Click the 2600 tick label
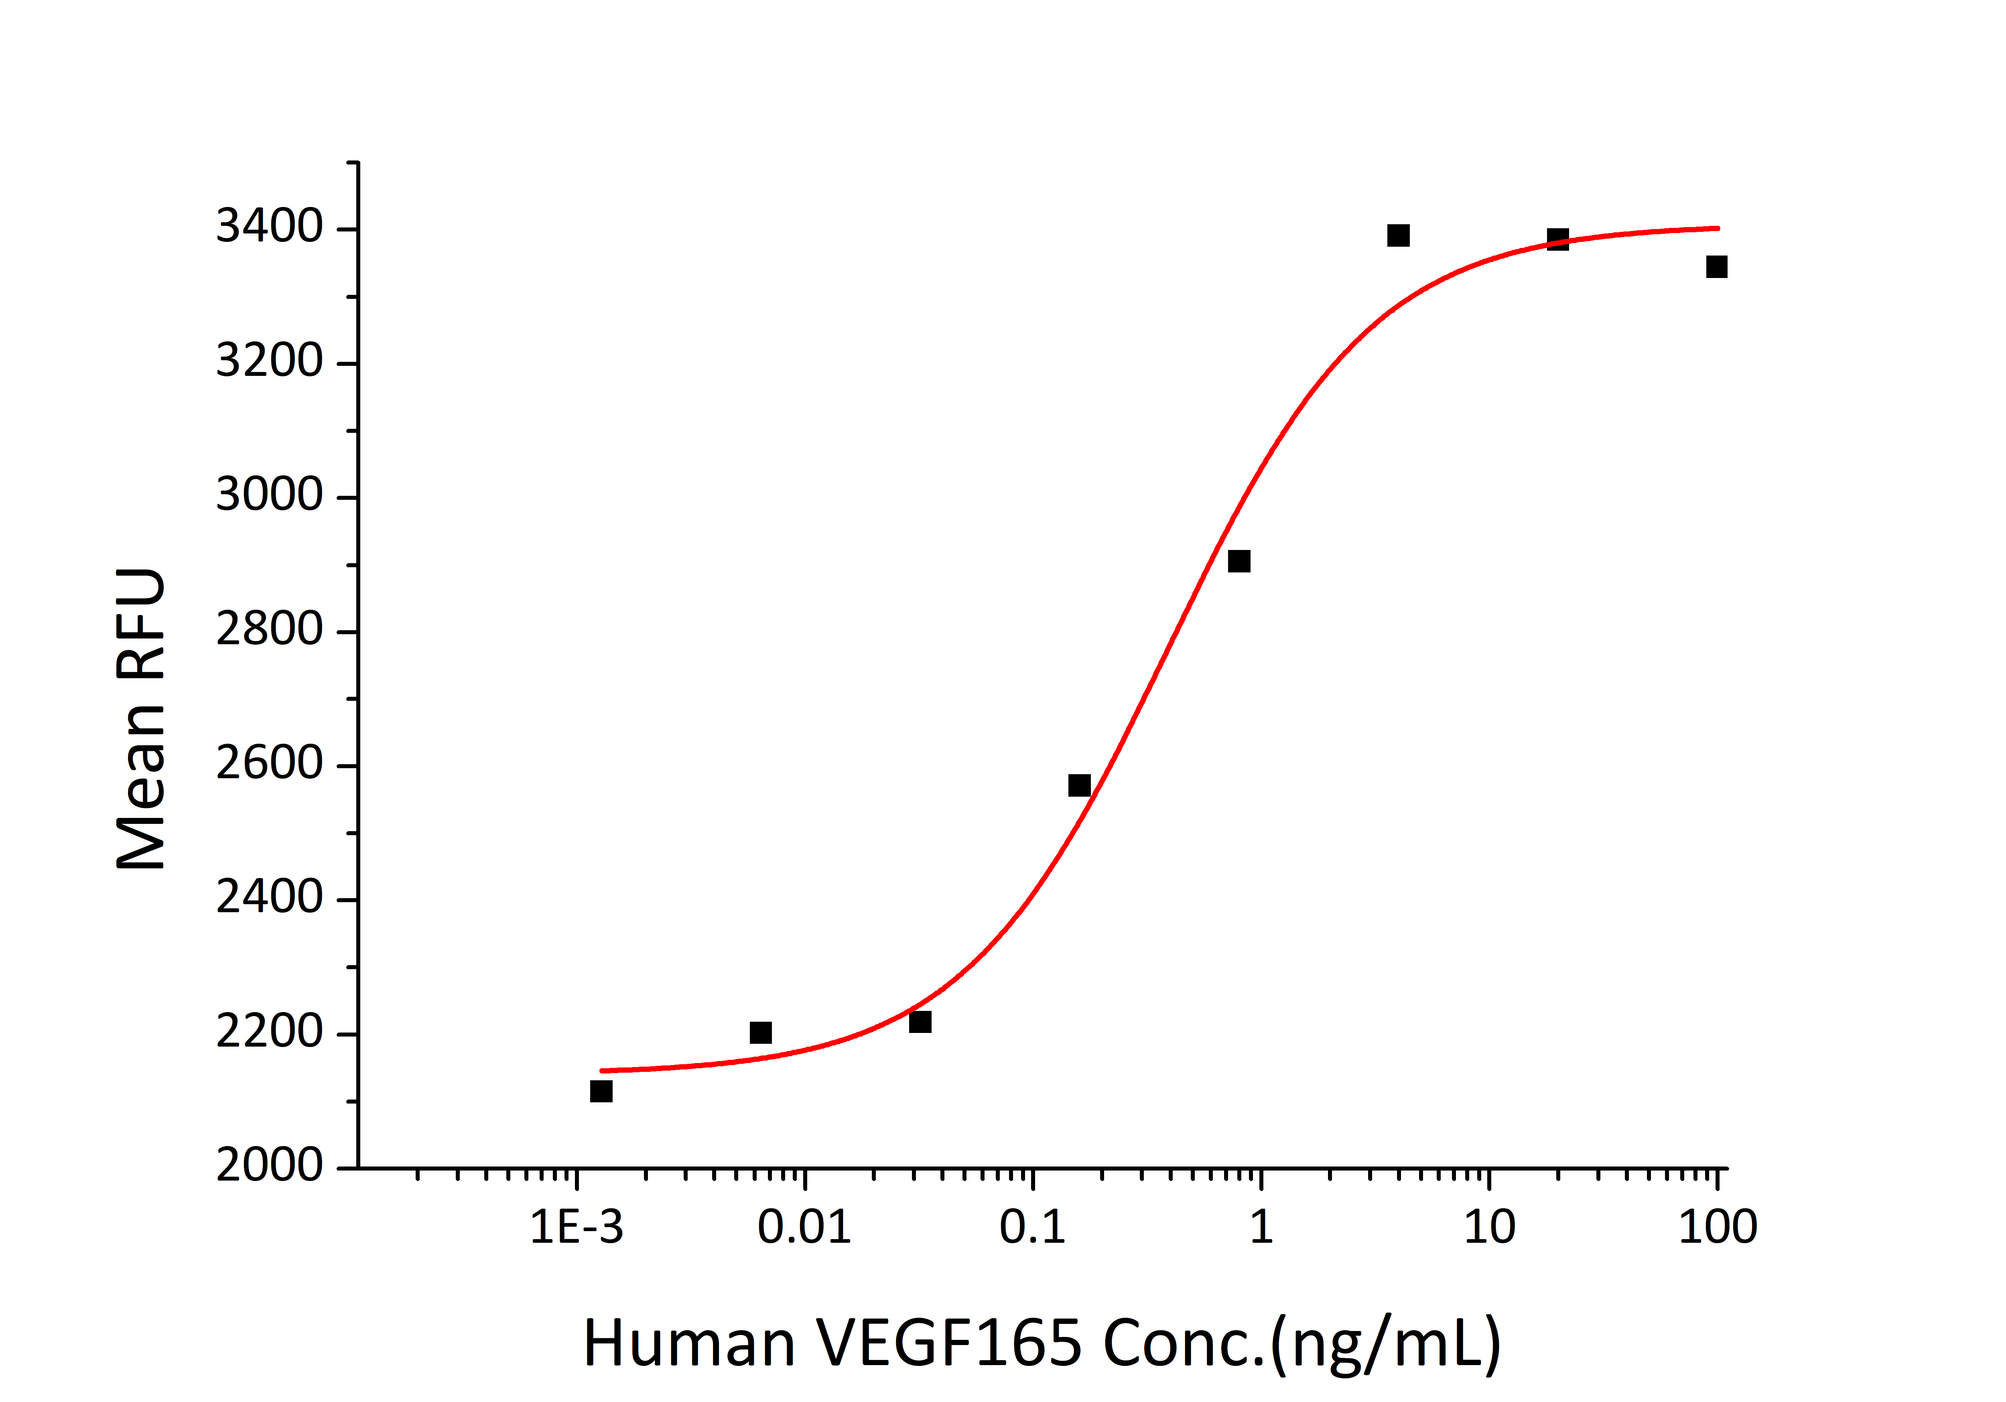269,764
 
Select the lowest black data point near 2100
601,1091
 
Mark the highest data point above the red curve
1398,235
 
